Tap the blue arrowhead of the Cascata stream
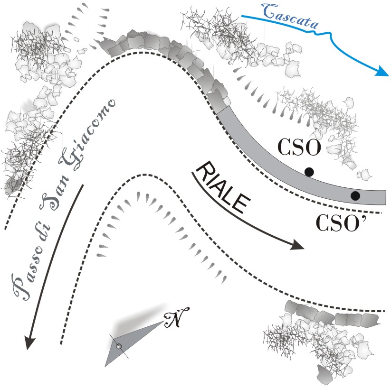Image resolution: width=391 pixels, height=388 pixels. [382, 72]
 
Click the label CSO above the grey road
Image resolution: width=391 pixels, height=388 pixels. [300, 148]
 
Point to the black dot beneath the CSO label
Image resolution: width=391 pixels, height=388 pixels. [309, 172]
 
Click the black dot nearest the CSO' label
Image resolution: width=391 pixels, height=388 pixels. [355, 195]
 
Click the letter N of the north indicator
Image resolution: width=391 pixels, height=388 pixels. [177, 319]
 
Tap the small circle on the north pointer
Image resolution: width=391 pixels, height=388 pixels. [119, 346]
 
